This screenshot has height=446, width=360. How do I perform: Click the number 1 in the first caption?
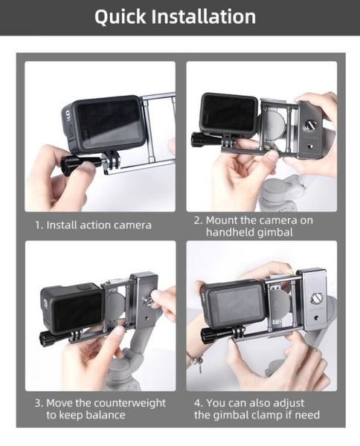(x=38, y=224)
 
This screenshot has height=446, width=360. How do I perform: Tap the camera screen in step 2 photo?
(x=231, y=114)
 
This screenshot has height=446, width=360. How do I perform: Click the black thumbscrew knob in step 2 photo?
(x=202, y=138)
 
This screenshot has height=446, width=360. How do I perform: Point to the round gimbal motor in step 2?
(x=274, y=123)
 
